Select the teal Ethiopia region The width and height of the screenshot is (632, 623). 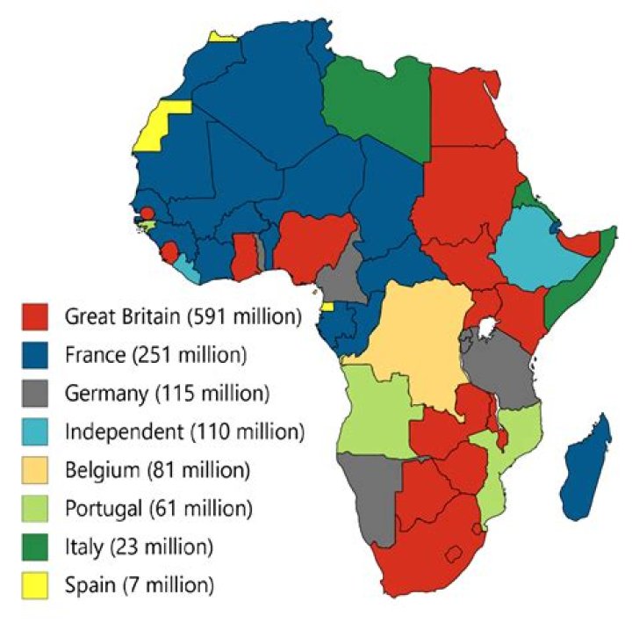coord(535,250)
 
